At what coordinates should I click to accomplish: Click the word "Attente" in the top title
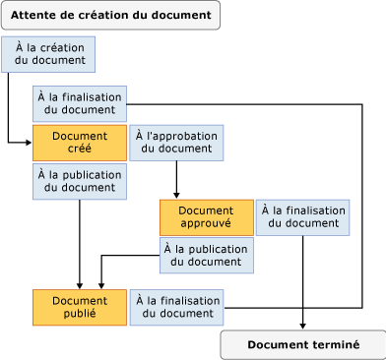coord(36,15)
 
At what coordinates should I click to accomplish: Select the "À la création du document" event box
coord(48,54)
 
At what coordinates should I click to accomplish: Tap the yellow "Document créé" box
coord(80,143)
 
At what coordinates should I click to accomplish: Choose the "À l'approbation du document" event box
coord(176,143)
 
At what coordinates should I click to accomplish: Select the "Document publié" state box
coord(80,307)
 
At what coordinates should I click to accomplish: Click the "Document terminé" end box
coord(302,344)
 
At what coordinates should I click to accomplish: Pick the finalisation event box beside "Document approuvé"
coord(302,217)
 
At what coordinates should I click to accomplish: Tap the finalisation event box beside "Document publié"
coord(176,307)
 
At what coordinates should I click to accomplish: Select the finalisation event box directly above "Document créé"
coord(80,104)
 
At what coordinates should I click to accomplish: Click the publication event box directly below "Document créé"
coord(80,182)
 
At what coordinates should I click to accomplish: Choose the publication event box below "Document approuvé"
coord(207,255)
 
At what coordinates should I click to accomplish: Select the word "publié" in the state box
coord(80,314)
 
